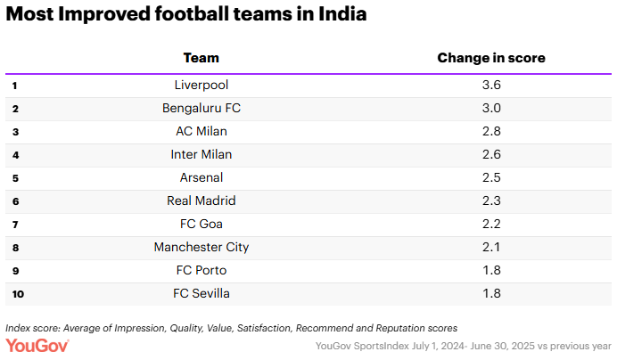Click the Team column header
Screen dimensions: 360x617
(201, 58)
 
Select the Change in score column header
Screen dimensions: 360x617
(490, 58)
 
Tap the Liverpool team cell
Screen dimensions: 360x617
(202, 86)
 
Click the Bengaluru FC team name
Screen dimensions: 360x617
(202, 109)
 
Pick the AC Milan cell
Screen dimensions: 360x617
(202, 132)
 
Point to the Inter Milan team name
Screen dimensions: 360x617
(202, 155)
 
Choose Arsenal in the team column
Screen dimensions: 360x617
(202, 178)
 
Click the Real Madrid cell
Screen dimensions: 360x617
(202, 201)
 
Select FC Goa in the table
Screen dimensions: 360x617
(202, 225)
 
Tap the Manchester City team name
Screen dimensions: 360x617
(202, 248)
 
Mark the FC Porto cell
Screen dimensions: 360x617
(202, 271)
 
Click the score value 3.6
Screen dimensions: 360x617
(490, 86)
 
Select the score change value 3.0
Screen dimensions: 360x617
(490, 109)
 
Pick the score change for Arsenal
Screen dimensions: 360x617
(490, 178)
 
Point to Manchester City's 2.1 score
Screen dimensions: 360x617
(490, 248)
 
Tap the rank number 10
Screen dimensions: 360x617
(16, 294)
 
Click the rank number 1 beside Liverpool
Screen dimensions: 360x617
(15, 86)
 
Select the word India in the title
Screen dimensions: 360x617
(338, 15)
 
